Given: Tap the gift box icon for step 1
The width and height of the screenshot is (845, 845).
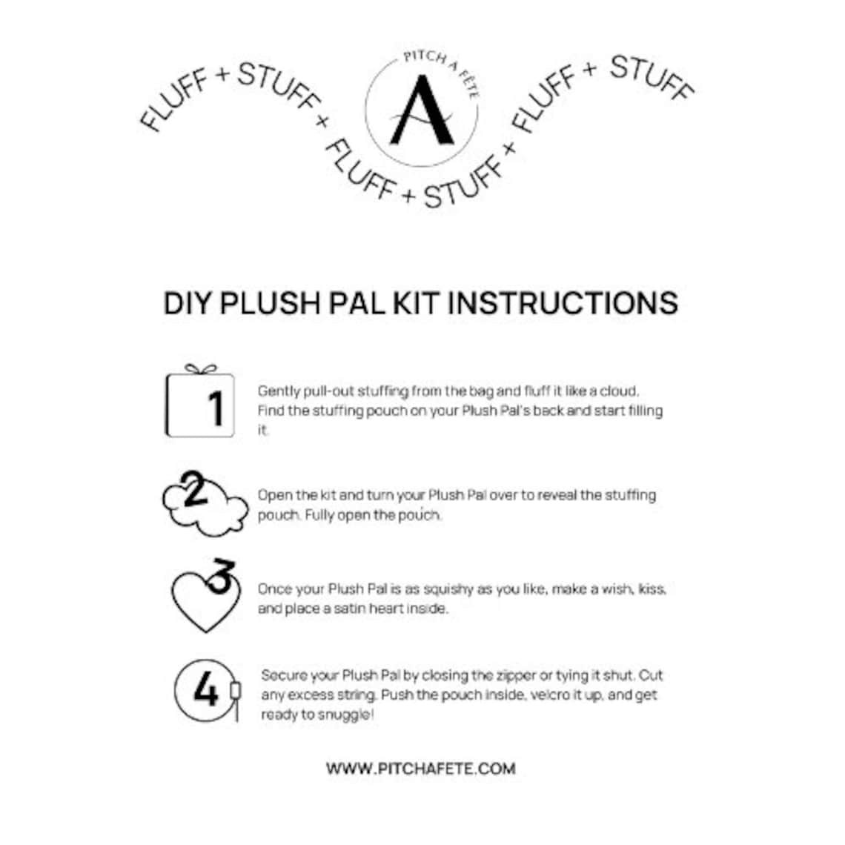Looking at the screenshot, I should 200,405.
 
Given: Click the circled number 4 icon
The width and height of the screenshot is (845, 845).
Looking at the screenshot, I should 205,690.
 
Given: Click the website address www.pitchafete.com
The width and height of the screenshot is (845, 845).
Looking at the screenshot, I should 421,769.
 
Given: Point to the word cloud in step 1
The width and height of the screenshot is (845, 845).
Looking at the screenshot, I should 623,391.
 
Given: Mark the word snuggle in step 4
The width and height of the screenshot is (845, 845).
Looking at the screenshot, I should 345,715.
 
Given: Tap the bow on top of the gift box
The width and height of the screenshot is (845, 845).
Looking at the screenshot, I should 200,369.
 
